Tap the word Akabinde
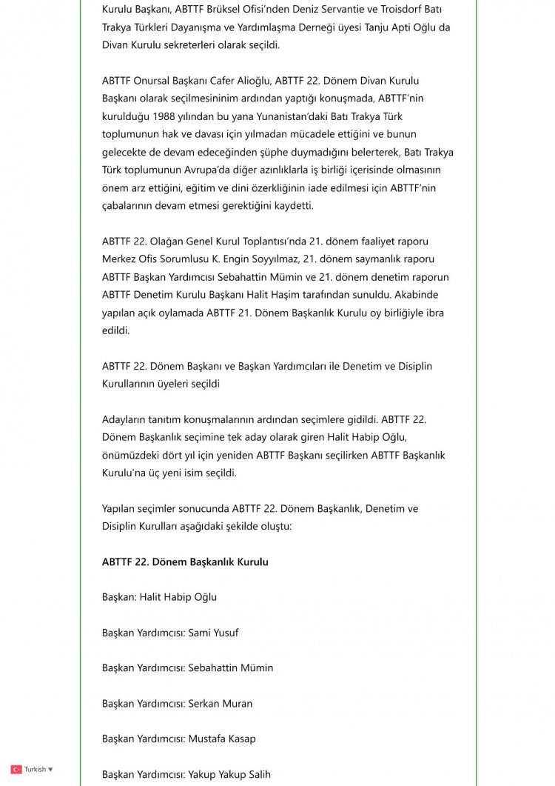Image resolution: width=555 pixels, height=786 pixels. click(x=417, y=294)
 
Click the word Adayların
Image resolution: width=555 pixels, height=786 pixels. click(x=126, y=419)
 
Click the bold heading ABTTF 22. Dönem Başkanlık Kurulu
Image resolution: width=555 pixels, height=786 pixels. click(x=185, y=562)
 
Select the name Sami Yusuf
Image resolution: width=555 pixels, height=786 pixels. click(x=213, y=633)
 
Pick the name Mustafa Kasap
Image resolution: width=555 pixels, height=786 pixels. click(x=222, y=739)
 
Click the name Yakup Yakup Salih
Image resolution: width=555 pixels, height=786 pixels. click(x=229, y=775)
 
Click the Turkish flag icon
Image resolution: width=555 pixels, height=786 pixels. click(x=16, y=770)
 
